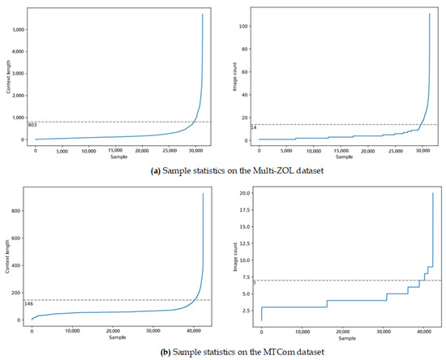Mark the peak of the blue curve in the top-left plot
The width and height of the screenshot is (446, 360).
[x=202, y=15]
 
